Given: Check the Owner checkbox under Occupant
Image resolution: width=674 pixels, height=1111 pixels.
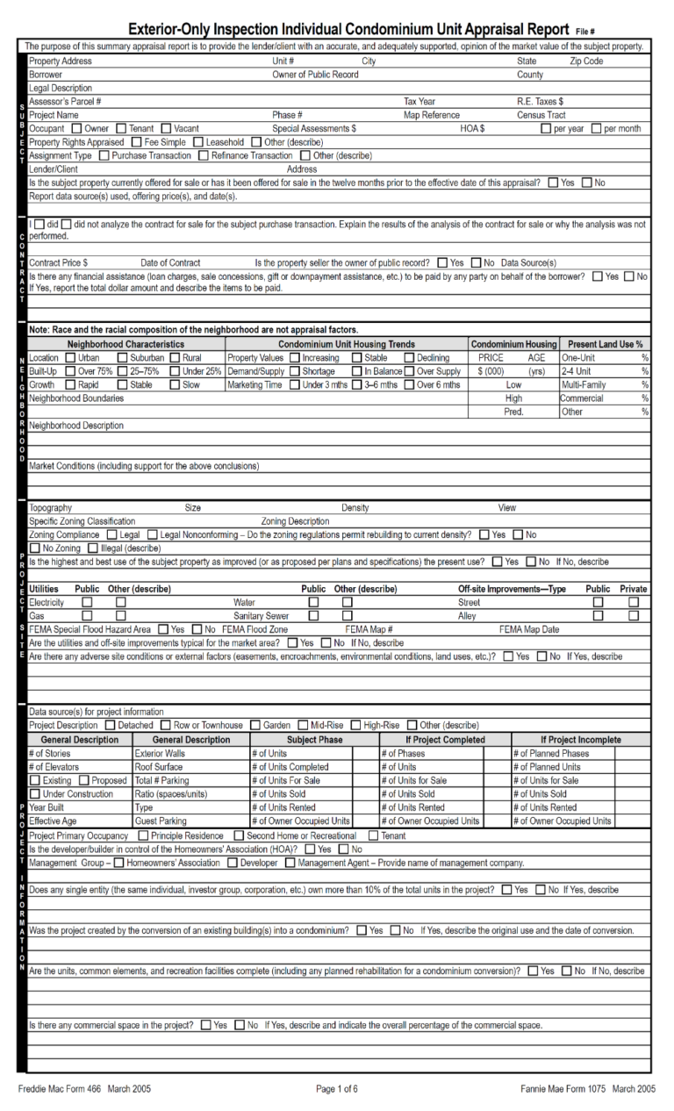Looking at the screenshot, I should click(77, 129).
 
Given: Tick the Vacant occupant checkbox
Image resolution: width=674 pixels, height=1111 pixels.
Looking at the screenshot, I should click(168, 129).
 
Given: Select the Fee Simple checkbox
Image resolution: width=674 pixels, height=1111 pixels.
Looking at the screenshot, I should click(137, 142).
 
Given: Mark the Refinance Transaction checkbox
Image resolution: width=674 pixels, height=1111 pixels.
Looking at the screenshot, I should click(205, 155).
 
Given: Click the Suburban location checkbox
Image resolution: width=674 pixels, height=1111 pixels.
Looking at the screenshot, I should click(122, 358).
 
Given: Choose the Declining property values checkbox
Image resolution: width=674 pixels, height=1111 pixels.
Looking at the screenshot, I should click(410, 358).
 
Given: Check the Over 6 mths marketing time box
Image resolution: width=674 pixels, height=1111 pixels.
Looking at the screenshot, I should click(410, 384).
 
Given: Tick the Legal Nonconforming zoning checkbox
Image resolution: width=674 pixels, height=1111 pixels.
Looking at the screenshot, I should click(153, 534).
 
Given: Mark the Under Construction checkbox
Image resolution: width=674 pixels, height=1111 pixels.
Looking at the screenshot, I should click(35, 794).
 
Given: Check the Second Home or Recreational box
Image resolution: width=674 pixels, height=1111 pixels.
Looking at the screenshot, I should click(240, 836).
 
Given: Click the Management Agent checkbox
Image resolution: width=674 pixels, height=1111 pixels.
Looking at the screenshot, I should click(290, 863).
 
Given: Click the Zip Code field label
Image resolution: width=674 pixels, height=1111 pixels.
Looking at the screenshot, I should click(586, 61).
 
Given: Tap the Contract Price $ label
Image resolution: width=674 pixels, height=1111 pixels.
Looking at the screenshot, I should click(58, 262).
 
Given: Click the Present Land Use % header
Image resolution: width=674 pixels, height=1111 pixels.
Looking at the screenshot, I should click(605, 345).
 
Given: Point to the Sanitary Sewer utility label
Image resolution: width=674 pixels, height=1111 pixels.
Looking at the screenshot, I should click(261, 616).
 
